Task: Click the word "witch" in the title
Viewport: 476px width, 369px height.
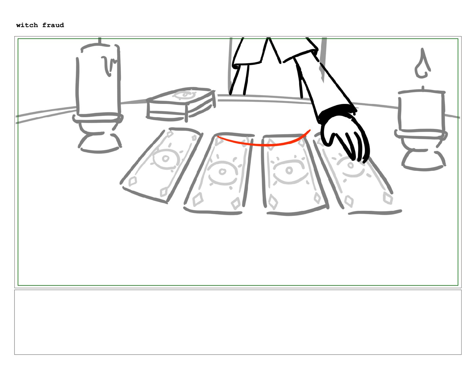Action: (x=27, y=25)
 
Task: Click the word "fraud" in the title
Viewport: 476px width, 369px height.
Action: (x=53, y=25)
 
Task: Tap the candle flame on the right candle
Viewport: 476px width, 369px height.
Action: (x=422, y=63)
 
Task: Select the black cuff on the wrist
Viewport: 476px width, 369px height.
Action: (x=336, y=113)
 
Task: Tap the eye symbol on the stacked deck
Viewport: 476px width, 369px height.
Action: (x=185, y=95)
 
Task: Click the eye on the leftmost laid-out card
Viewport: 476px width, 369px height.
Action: (x=165, y=158)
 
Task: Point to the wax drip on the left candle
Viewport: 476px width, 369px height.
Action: (x=109, y=66)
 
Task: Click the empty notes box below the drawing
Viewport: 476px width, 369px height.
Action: (x=238, y=322)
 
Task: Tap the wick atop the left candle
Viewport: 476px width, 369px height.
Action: (x=100, y=41)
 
